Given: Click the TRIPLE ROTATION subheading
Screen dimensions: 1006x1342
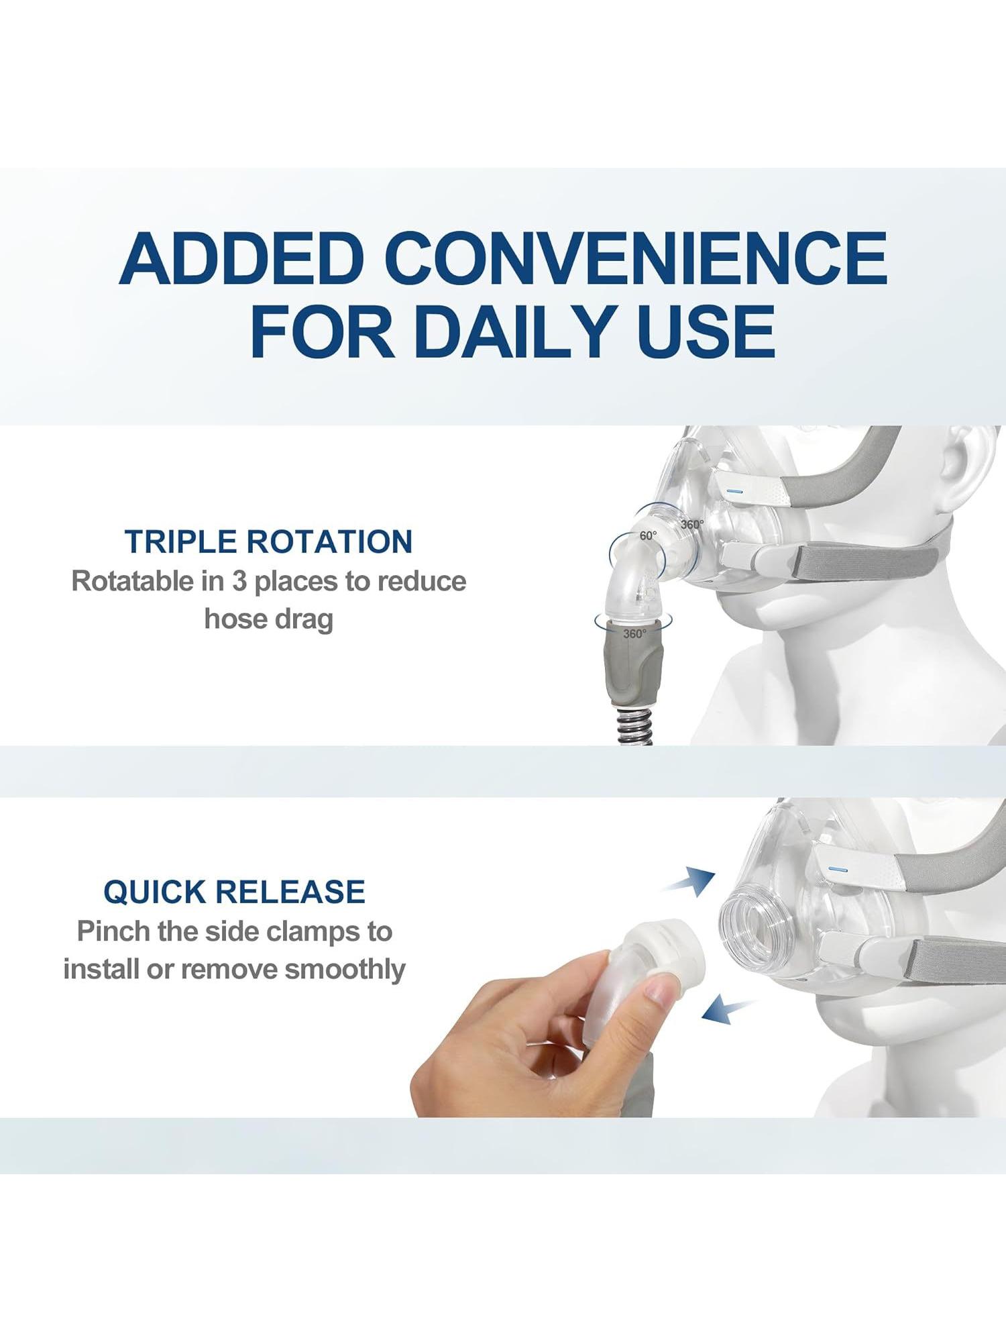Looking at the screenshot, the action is pyautogui.click(x=269, y=541).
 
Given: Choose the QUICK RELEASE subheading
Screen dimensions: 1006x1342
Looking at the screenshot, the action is pyautogui.click(x=235, y=892).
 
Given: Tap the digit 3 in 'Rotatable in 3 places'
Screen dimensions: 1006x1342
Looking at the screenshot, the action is pyautogui.click(x=239, y=581).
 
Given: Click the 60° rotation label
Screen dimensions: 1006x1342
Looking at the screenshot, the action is pyautogui.click(x=649, y=536).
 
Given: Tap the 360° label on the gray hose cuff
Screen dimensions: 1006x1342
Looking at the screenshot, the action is pyautogui.click(x=634, y=633).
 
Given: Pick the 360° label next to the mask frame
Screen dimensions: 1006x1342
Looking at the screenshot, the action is pyautogui.click(x=693, y=525).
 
